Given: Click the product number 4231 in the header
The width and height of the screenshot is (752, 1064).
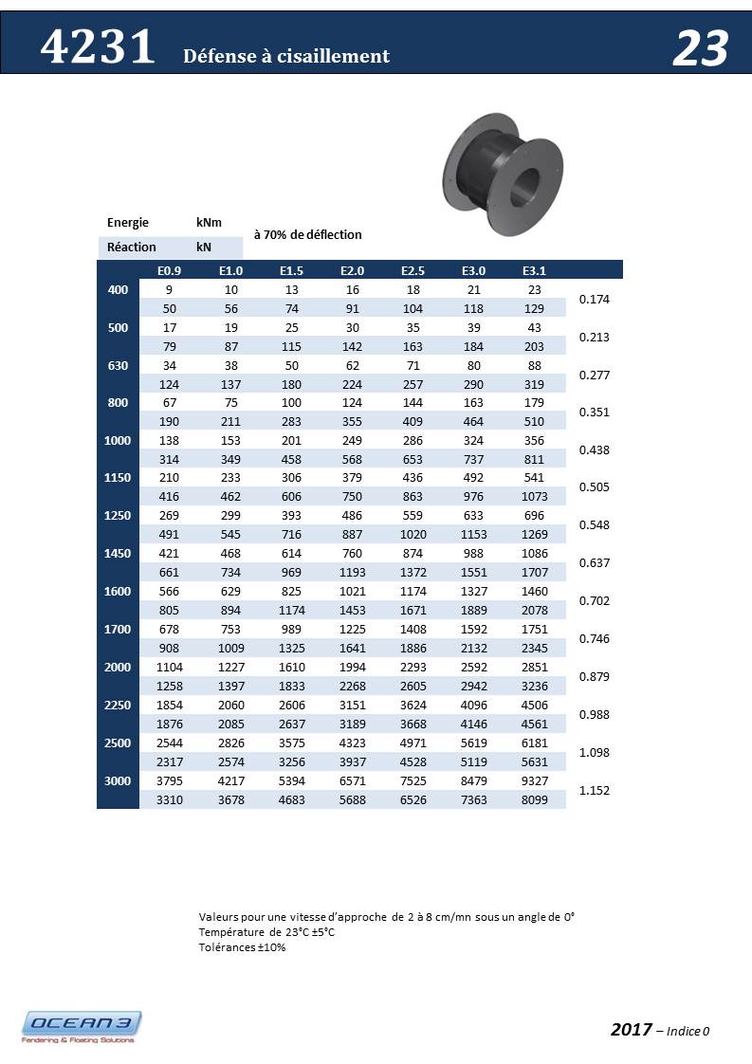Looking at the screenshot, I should [x=98, y=47].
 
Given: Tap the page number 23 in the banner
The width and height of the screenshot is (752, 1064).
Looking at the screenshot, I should [x=700, y=48].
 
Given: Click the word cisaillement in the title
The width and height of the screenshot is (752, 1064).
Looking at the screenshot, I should [x=336, y=57].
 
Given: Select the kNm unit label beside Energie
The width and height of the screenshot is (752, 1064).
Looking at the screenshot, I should [x=209, y=222].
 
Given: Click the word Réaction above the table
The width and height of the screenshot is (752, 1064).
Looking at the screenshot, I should [x=132, y=247].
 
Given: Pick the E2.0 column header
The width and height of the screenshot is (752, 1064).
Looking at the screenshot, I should [x=352, y=270].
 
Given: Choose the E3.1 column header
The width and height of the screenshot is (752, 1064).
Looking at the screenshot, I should [x=533, y=270].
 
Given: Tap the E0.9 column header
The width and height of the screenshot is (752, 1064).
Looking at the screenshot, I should [x=169, y=270].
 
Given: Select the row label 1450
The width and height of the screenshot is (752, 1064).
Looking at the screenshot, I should [x=118, y=553].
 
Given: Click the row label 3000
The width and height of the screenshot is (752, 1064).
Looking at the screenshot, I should [x=118, y=780].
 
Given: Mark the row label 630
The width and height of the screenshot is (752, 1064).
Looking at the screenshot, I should [x=118, y=364].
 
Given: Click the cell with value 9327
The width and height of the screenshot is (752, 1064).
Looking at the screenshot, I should [x=533, y=780].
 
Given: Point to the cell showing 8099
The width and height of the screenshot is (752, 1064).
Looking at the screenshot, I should [x=533, y=799].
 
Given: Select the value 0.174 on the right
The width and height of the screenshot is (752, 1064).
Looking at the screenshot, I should [x=594, y=300].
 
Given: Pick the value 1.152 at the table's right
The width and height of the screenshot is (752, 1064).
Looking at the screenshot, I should [x=594, y=790].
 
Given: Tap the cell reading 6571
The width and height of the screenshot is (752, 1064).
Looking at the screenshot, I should [x=352, y=780].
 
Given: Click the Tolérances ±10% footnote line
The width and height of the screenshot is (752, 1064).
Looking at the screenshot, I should [x=242, y=947].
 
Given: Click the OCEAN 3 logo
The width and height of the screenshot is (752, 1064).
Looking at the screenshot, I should [x=82, y=1026].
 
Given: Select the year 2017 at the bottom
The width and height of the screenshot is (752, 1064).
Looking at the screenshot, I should [x=631, y=1030].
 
